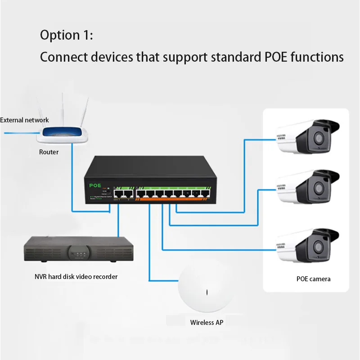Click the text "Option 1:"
pyautogui.click(x=66, y=35)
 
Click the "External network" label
pyautogui.click(x=25, y=120)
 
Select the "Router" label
pyautogui.click(x=49, y=152)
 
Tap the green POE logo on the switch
pyautogui.click(x=96, y=185)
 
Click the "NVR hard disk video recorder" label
pyautogui.click(x=76, y=276)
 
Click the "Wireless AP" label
pyautogui.click(x=207, y=322)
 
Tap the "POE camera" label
pyautogui.click(x=314, y=279)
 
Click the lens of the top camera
pyautogui.click(x=320, y=137)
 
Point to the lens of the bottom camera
pyautogui.click(x=320, y=246)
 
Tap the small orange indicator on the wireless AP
pyautogui.click(x=207, y=292)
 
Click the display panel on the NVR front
pyautogui.click(x=79, y=252)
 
